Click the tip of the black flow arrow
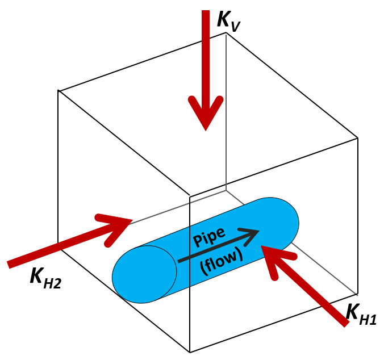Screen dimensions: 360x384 pyautogui.click(x=259, y=231)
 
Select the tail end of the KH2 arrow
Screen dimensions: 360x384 pyautogui.click(x=9, y=263)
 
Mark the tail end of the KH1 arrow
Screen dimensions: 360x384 pyautogui.click(x=345, y=324)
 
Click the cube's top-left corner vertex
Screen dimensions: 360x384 pyautogui.click(x=59, y=90)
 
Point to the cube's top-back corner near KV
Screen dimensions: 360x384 pyautogui.click(x=226, y=33)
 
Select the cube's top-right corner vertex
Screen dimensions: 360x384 pyautogui.click(x=358, y=137)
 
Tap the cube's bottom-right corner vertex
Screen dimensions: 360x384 pyautogui.click(x=358, y=294)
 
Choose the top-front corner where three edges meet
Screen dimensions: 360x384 pyautogui.click(x=189, y=196)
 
